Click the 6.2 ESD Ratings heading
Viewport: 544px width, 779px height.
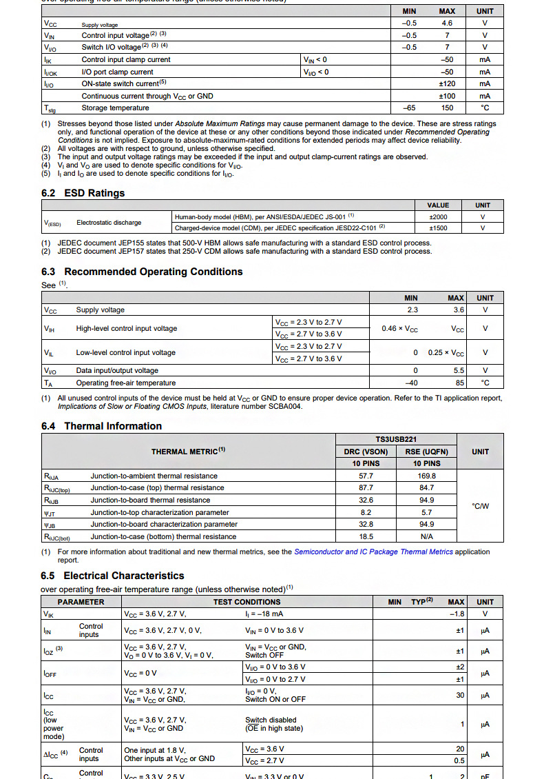click(83, 193)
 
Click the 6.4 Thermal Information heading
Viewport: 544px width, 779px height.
click(102, 426)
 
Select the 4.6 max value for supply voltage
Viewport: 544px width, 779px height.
click(447, 23)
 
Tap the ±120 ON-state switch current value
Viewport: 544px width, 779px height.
click(447, 84)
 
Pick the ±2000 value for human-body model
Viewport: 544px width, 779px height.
click(438, 216)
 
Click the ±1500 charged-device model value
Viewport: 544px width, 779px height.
click(438, 227)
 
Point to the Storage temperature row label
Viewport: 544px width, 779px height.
click(115, 108)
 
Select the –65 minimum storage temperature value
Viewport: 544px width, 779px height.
click(409, 108)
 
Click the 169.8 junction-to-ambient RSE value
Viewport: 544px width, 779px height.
click(426, 476)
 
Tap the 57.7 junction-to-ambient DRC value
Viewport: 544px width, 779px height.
click(366, 476)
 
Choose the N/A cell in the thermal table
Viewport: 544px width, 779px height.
click(426, 536)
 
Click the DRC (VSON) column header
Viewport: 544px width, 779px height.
click(366, 452)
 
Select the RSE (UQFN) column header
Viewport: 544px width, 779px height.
click(426, 452)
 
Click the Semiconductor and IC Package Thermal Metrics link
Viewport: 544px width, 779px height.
click(373, 552)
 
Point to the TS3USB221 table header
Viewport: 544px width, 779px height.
click(396, 439)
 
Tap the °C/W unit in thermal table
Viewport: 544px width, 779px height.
click(480, 506)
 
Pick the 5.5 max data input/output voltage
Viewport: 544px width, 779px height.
click(457, 371)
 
